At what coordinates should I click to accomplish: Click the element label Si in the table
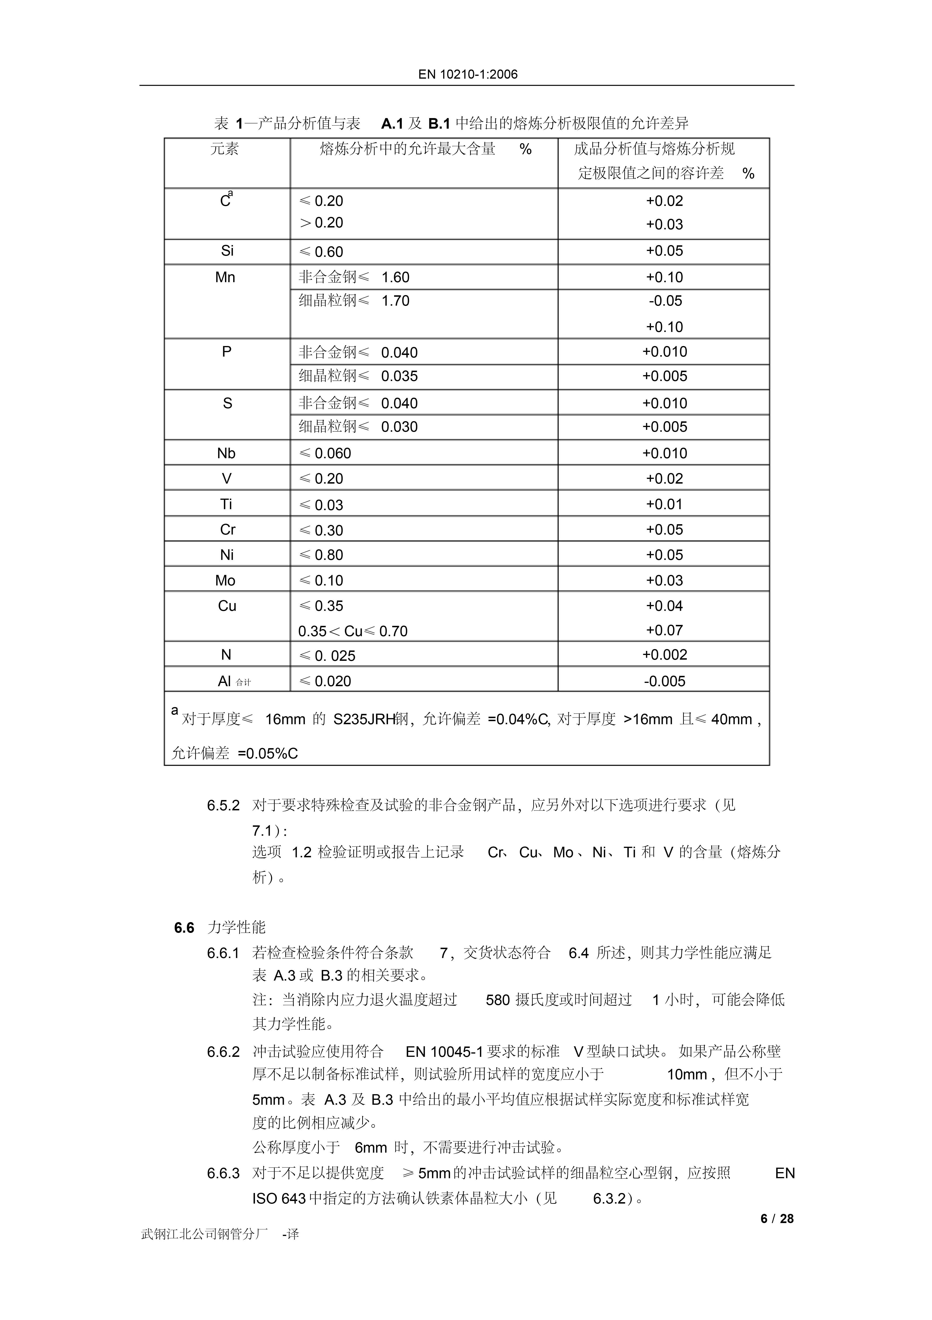(x=227, y=251)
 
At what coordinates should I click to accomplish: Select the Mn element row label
(x=225, y=277)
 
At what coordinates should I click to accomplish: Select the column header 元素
(x=225, y=149)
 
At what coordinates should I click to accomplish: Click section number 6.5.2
(x=223, y=805)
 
